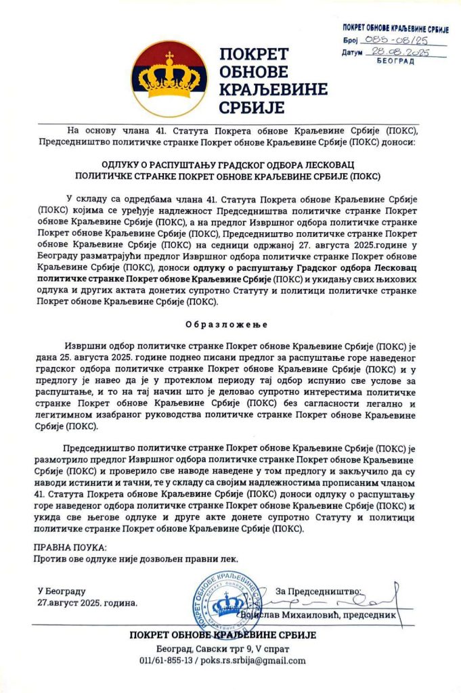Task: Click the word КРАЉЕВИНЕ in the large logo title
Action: coord(273,89)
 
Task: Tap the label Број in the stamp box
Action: coord(349,41)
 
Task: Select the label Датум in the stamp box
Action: coord(353,53)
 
